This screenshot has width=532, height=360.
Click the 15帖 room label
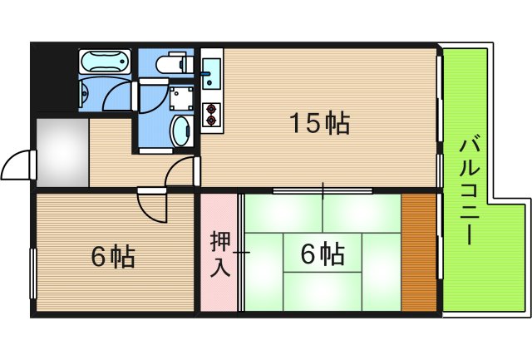318,124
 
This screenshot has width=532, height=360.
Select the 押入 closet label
220,255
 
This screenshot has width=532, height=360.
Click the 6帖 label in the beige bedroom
112,257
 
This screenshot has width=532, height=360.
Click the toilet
174,62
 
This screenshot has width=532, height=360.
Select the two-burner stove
210,113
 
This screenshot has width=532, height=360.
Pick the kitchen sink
211,72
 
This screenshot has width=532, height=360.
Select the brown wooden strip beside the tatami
418,252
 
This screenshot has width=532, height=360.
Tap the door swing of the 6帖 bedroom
154,208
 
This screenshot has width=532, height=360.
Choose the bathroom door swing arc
121,95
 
